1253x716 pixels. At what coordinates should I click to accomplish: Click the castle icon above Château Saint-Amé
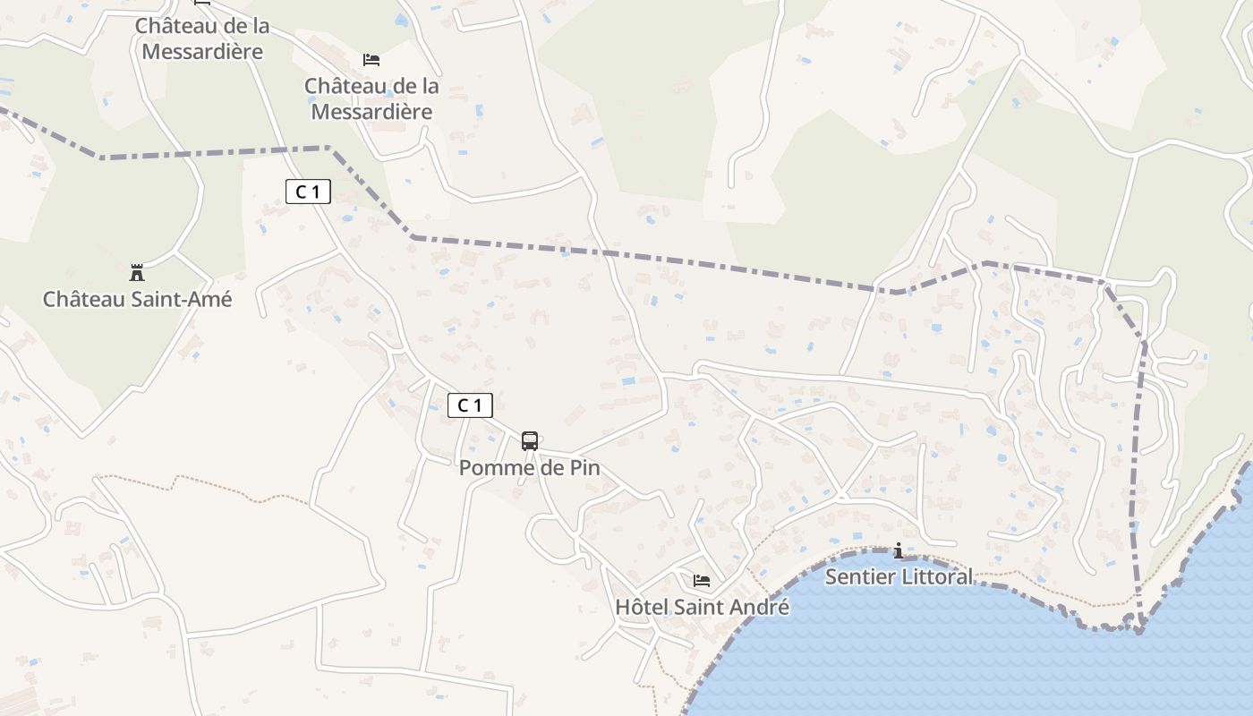137,272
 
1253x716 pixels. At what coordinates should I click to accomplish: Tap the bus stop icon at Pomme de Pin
530,440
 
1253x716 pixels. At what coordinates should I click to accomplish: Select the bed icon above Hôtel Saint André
702,581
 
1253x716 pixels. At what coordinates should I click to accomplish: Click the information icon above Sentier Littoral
899,550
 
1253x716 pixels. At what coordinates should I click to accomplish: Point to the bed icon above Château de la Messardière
371,60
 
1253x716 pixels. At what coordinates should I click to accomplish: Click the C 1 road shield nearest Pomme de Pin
470,405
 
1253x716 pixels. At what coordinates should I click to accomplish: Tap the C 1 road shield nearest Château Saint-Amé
308,191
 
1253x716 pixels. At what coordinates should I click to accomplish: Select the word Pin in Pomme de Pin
584,468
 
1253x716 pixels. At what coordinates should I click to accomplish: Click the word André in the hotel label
761,608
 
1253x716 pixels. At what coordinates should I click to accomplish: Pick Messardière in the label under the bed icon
371,112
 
